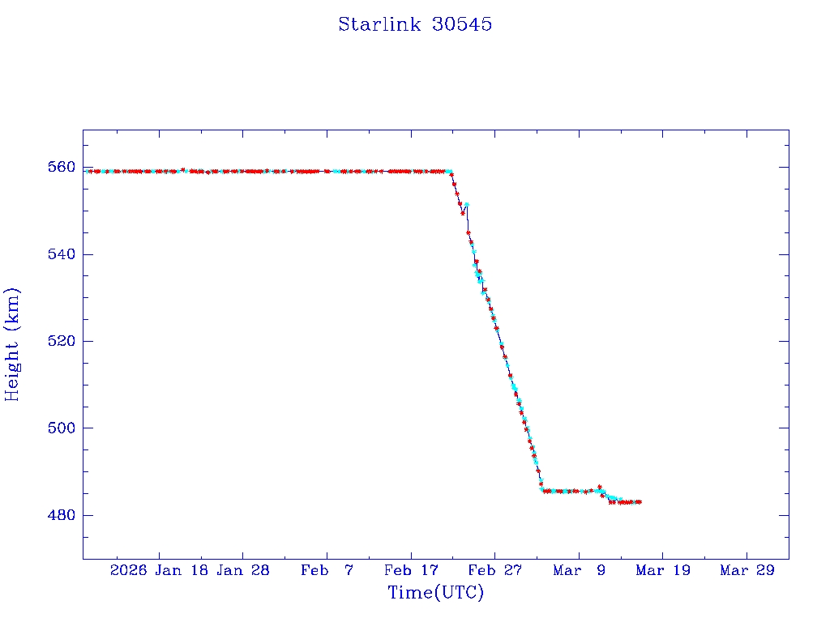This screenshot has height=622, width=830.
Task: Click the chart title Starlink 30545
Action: click(415, 24)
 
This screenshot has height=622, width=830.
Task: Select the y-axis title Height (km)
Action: click(12, 344)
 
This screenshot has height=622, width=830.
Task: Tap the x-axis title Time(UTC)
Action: click(435, 593)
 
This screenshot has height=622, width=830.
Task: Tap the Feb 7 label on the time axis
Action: click(327, 570)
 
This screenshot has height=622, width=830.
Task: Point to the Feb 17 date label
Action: click(411, 570)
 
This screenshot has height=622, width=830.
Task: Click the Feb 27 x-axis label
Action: click(495, 570)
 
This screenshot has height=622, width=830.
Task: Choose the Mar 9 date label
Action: click(580, 570)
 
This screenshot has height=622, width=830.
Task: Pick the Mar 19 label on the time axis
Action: click(663, 570)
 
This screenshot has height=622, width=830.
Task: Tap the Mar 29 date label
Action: click(747, 570)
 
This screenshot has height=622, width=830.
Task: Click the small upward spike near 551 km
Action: click(467, 204)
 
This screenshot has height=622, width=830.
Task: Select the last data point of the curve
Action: click(640, 502)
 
